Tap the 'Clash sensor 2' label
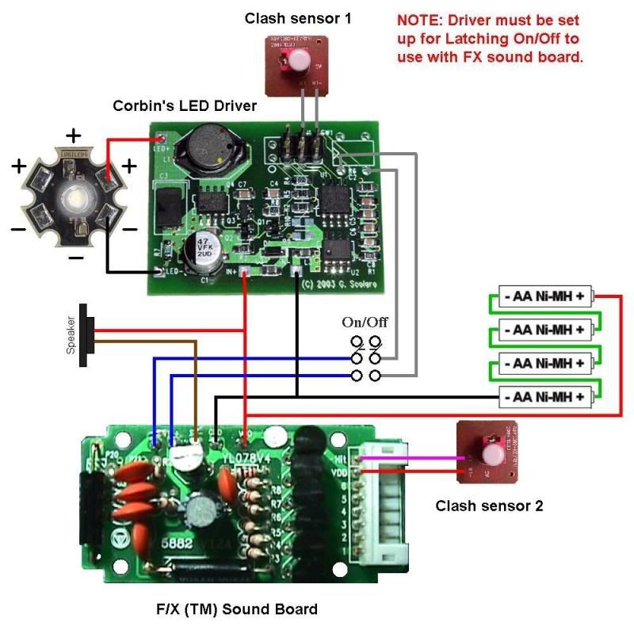pos(489,505)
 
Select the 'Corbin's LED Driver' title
pos(185,105)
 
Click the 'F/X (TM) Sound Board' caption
pos(237,609)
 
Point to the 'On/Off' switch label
pos(365,323)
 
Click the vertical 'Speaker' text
pos(71,334)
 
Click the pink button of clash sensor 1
pos(300,59)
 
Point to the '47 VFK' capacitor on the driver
pos(194,250)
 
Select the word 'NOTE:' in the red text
pos(420,19)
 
